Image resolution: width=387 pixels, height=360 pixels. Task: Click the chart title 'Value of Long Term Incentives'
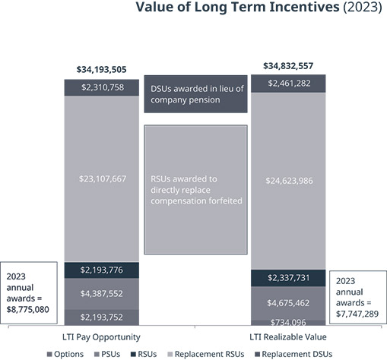coord(237,7)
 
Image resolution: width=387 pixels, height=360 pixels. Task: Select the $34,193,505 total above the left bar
coord(101,70)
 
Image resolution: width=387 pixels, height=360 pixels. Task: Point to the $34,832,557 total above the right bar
coord(288,66)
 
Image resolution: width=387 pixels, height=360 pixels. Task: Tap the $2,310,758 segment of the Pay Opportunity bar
coord(102,87)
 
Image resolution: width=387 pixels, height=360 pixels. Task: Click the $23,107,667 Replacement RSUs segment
coord(102,178)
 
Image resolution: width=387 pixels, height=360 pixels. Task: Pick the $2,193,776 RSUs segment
coord(102,270)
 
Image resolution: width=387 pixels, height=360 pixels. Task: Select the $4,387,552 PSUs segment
coord(102,294)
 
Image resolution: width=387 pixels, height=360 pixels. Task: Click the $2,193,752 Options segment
coord(102,317)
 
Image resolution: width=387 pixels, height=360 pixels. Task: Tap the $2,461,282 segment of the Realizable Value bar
coord(288,84)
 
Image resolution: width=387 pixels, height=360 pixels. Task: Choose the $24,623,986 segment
coord(288,181)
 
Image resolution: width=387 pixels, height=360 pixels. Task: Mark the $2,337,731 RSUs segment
coord(288,278)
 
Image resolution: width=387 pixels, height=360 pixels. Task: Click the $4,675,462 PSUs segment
coord(288,303)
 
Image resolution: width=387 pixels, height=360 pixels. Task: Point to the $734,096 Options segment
coord(288,323)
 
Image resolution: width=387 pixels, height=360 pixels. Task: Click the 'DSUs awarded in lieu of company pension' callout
coord(195,94)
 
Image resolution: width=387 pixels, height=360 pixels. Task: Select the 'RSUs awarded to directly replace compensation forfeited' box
coord(195,190)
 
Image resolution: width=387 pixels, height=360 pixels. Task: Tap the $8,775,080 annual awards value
coord(27,310)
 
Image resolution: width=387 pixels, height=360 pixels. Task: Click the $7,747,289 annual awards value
coord(357,314)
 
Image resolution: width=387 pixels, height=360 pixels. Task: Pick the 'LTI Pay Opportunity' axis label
coord(101,337)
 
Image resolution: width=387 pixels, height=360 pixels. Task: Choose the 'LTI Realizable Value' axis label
coord(288,337)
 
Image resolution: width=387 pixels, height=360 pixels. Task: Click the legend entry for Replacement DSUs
coord(293,354)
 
